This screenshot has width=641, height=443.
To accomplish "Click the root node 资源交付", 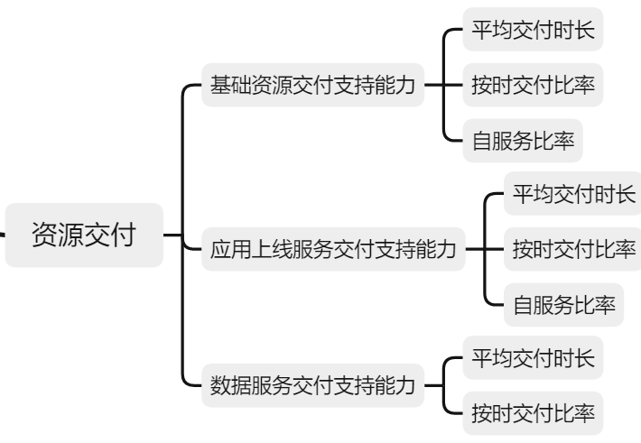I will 84,235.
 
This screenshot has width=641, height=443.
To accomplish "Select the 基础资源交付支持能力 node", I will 312,87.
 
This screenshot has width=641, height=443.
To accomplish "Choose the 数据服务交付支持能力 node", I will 312,387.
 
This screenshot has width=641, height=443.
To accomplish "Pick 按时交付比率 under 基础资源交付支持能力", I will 533,87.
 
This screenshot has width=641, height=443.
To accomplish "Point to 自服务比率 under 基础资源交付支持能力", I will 523,141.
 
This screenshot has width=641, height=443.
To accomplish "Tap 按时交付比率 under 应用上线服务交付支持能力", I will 573,247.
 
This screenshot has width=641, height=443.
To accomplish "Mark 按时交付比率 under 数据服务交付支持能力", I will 533,414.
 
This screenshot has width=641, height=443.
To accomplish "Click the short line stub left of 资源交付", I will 3,235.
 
